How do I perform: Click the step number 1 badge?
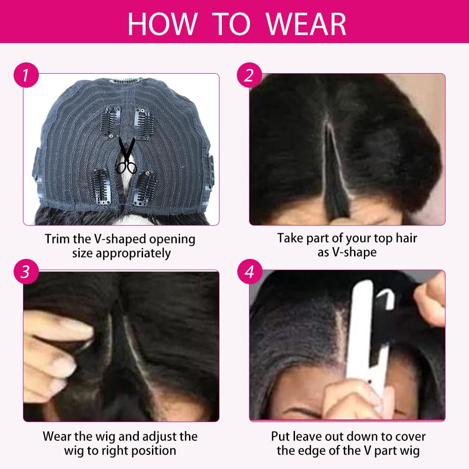click(26, 76)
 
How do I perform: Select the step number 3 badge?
click(26, 272)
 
